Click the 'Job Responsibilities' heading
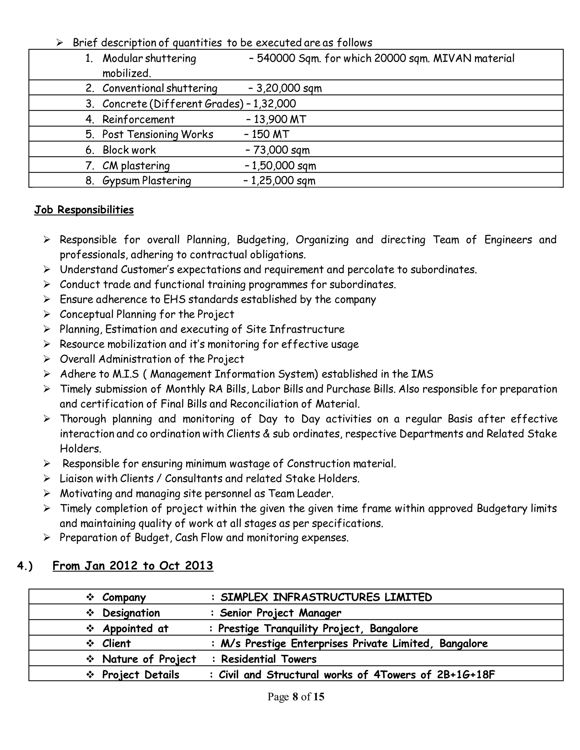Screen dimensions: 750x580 (84, 210)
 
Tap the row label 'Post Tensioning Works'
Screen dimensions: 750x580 (158, 134)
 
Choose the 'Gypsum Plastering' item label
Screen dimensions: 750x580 (147, 181)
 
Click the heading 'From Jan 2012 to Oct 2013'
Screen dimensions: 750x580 (133, 565)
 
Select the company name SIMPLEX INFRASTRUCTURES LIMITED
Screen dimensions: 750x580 (326, 597)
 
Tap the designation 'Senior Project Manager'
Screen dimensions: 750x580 (280, 613)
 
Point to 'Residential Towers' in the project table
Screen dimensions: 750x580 (269, 659)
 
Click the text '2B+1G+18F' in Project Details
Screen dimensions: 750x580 (466, 675)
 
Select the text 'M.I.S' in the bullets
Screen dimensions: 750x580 (125, 374)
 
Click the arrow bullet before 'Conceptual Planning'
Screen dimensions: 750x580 (47, 314)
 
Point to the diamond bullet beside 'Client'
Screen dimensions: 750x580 (90, 643)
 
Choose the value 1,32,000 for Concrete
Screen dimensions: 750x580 (274, 104)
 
